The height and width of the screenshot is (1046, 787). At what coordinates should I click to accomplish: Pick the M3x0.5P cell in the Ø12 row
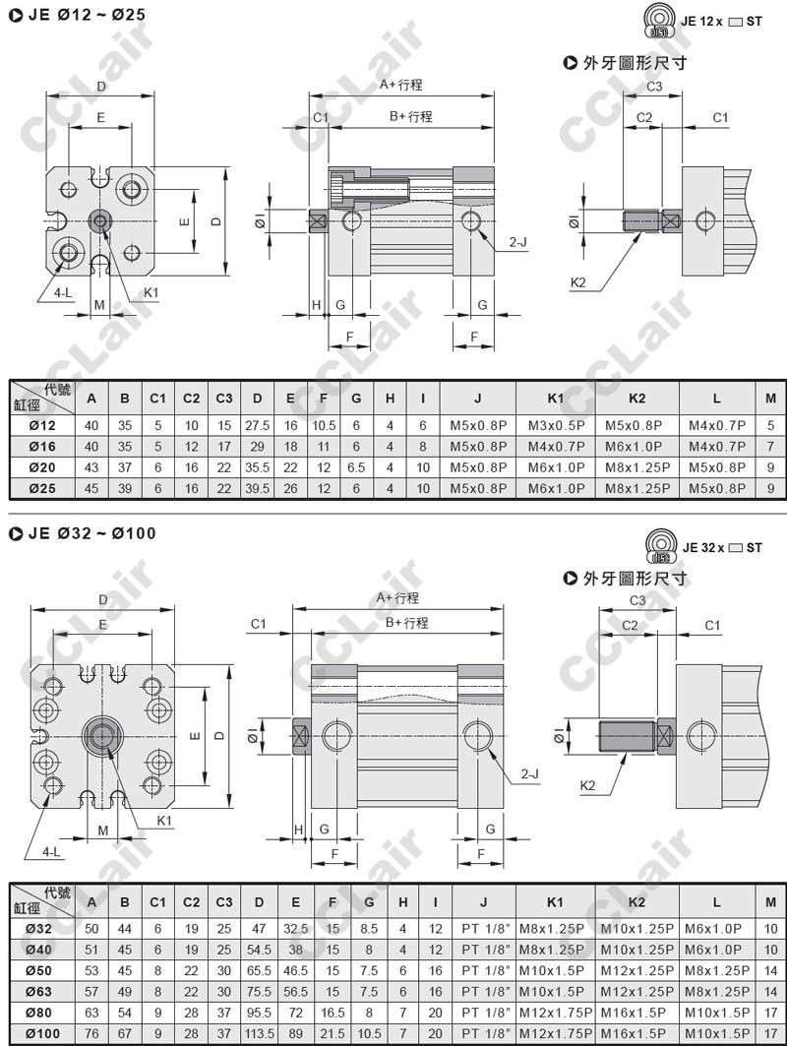555,425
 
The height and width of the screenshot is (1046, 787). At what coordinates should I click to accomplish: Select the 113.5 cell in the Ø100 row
259,1034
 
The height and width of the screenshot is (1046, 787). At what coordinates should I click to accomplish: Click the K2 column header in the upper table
636,398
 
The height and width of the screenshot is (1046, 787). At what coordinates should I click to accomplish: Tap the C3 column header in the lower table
224,901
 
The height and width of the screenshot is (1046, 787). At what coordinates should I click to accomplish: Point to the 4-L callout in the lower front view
50,850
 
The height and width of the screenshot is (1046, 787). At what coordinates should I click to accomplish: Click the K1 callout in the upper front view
151,292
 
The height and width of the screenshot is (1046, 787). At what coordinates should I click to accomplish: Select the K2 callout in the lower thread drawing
588,785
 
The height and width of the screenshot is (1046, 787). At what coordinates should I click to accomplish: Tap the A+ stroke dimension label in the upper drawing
400,86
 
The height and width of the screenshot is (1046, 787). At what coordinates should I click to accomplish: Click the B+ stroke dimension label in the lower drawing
407,623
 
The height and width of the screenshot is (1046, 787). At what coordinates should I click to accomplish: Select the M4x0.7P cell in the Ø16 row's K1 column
555,446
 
